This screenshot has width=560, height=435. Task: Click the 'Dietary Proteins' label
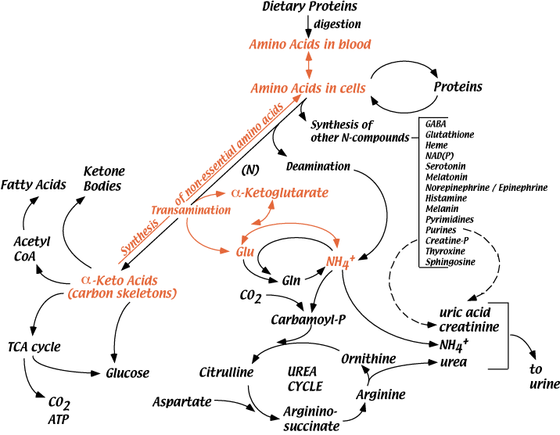308,7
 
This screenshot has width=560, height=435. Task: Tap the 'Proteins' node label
458,85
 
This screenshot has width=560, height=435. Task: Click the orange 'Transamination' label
185,210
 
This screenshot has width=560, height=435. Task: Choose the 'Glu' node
246,251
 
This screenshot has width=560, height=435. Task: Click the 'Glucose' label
127,372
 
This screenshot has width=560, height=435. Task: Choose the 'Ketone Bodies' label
103,178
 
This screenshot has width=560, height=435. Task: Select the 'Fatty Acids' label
32,185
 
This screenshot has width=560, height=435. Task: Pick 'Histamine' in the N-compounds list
447,198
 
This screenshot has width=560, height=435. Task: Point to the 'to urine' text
544,376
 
